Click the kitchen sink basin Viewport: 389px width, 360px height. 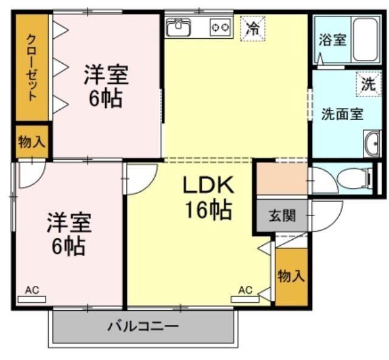179,27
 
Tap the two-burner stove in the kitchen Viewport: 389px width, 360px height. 220,27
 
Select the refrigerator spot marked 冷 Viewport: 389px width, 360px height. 253,29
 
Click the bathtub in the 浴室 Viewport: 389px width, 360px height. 366,39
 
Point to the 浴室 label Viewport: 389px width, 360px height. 332,39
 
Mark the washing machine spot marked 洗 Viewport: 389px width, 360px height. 368,84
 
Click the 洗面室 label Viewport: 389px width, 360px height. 342,114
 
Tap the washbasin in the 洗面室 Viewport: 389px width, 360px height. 372,144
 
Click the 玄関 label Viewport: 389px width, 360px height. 282,216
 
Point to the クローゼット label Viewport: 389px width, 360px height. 32,67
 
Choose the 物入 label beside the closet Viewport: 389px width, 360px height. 31,142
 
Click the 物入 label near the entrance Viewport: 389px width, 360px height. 291,276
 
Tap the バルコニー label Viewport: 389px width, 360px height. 143,326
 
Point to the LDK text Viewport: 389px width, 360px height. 208,185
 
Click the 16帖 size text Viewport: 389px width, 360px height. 209,210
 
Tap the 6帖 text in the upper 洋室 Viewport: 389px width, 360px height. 106,98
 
